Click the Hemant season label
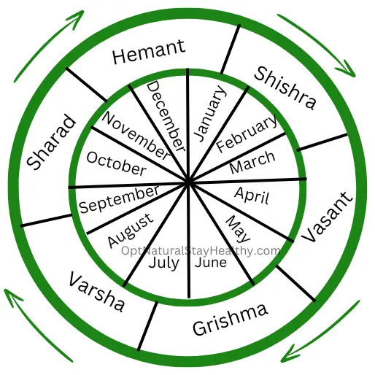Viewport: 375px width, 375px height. tap(149, 52)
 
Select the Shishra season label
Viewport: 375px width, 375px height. tap(285, 88)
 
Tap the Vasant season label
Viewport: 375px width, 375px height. tap(327, 217)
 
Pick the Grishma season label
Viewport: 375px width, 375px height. tap(231, 320)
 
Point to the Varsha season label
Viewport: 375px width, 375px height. tap(97, 292)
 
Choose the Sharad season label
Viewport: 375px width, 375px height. tap(51, 142)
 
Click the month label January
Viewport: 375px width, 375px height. tap(211, 113)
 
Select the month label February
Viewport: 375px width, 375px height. tap(247, 134)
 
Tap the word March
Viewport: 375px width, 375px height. tap(252, 162)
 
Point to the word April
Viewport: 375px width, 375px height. tap(252, 196)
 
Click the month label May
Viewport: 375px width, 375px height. tap(238, 229)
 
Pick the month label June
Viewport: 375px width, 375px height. tap(211, 263)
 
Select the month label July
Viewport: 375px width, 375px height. tap(164, 263)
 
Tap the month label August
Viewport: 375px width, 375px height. tap(131, 231)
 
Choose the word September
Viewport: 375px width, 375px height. tap(120, 199)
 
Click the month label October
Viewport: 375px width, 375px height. tap(117, 163)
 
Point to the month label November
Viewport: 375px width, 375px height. tap(136, 136)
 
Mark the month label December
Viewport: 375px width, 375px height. tap(166, 116)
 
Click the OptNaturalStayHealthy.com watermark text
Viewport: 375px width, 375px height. tap(201, 251)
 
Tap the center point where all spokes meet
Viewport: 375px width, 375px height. tap(188, 182)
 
